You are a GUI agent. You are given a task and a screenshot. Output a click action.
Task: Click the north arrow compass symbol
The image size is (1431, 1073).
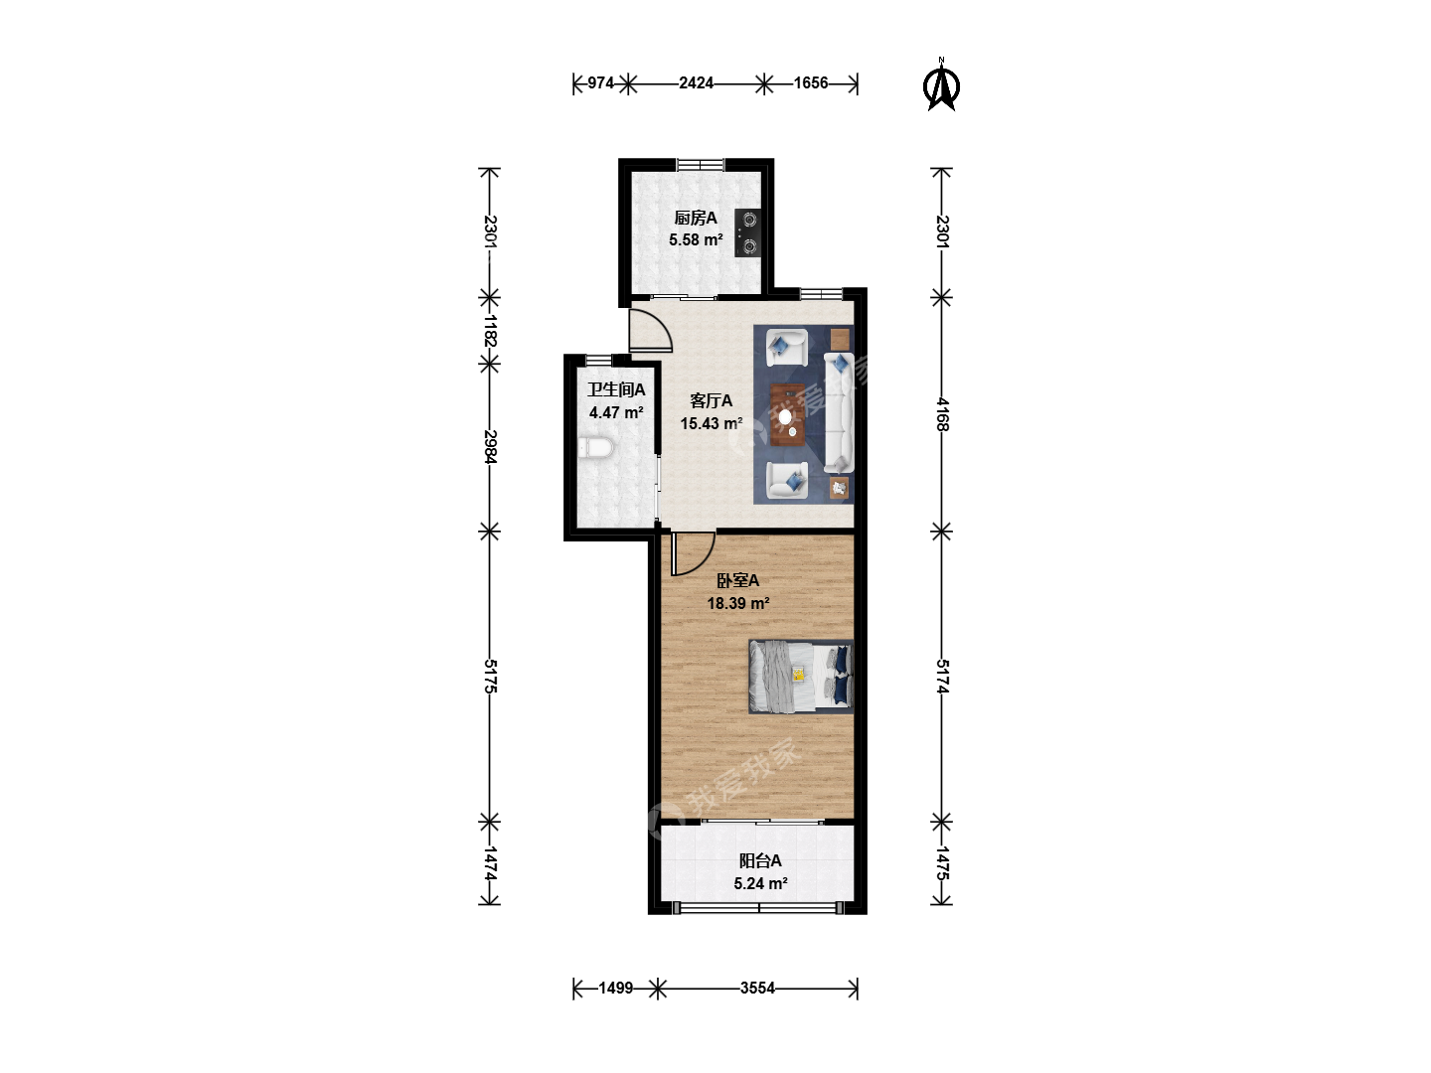click(941, 86)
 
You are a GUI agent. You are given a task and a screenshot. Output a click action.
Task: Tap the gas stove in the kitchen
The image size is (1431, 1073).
click(747, 232)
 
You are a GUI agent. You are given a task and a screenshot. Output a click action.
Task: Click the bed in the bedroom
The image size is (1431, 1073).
click(801, 677)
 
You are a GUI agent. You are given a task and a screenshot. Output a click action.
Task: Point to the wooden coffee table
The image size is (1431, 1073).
click(788, 415)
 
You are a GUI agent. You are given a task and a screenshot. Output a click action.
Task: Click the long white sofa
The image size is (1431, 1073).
click(839, 412)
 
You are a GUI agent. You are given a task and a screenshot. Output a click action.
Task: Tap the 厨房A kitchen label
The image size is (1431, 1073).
click(695, 218)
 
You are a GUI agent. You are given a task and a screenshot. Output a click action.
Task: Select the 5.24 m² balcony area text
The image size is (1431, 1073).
click(760, 883)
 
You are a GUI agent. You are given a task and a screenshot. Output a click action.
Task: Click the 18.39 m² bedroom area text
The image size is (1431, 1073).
click(738, 603)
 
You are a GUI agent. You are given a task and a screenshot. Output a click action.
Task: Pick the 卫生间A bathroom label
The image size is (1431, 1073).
click(616, 389)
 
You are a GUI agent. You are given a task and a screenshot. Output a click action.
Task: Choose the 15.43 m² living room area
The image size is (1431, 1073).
click(712, 423)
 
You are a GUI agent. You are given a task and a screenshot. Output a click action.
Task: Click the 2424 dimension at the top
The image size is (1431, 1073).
click(696, 82)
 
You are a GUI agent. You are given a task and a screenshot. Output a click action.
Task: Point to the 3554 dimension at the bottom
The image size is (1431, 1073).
click(757, 989)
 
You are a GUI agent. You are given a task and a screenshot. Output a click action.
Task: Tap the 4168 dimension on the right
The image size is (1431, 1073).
click(942, 413)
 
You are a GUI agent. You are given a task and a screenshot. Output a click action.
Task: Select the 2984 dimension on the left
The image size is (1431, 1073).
click(490, 447)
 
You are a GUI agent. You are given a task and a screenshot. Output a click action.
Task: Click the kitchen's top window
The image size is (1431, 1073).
click(701, 164)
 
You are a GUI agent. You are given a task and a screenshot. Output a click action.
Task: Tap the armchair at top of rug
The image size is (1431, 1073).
click(786, 348)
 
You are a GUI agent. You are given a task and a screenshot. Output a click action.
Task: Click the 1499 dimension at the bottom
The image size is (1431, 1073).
click(615, 989)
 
